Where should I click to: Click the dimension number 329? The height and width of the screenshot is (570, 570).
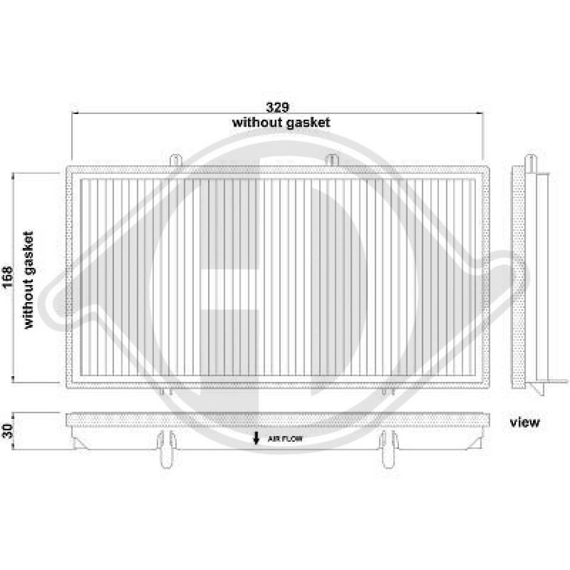coord(277,107)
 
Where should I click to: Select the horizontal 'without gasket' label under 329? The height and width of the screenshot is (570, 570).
coord(281,123)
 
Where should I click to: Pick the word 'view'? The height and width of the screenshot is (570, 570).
coord(525,423)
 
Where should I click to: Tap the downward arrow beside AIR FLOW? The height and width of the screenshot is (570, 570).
coord(256,438)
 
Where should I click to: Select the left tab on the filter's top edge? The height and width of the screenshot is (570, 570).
coord(176,160)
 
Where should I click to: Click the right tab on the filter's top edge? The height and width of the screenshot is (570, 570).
coord(329,160)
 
